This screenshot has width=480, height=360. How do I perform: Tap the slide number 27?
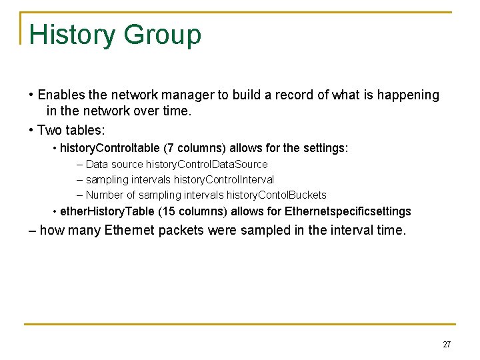pyautogui.click(x=447, y=345)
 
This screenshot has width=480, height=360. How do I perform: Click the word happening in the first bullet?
pyautogui.click(x=408, y=95)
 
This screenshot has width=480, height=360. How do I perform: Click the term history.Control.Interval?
pyautogui.click(x=223, y=179)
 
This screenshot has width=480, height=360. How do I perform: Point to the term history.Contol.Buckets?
pyautogui.click(x=276, y=195)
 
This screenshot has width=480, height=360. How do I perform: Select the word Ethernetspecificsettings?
pyautogui.click(x=347, y=212)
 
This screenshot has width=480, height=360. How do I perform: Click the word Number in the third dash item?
pyautogui.click(x=105, y=195)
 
